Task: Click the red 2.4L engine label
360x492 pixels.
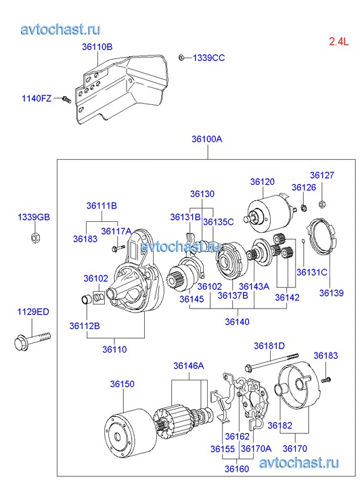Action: click(x=338, y=41)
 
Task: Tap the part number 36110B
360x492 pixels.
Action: click(x=97, y=47)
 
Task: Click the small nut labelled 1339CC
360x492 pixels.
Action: click(x=181, y=58)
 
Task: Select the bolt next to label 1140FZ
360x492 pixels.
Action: click(x=67, y=99)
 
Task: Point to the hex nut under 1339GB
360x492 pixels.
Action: click(x=35, y=238)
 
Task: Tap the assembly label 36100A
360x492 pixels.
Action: click(x=207, y=139)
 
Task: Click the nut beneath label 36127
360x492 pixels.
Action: click(x=321, y=204)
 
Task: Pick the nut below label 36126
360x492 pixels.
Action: click(x=304, y=207)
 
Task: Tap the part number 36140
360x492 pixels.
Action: click(x=237, y=321)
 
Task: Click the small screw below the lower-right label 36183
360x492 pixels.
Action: click(x=326, y=380)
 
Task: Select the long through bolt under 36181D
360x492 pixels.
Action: click(x=271, y=361)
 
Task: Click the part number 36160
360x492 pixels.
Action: click(x=237, y=469)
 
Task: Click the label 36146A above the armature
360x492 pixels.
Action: click(x=189, y=365)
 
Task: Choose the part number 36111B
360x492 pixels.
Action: click(x=102, y=206)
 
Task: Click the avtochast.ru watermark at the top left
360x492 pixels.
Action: click(x=61, y=29)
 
